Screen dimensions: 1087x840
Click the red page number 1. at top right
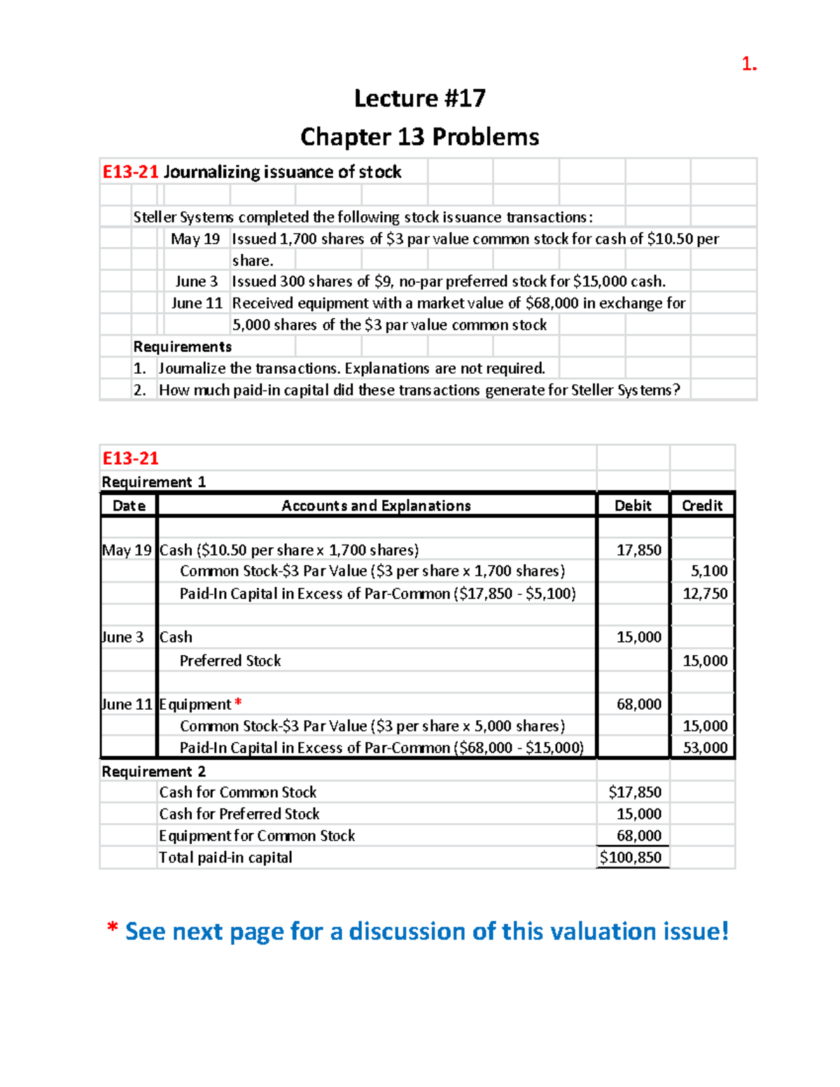(748, 64)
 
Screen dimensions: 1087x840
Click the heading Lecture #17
(419, 98)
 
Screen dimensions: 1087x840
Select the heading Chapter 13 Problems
(419, 136)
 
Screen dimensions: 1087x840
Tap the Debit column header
(633, 505)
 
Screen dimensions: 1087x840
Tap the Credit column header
(702, 505)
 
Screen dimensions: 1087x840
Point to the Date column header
(129, 505)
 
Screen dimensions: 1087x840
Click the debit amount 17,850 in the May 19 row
(638, 550)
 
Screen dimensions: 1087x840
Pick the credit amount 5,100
(709, 571)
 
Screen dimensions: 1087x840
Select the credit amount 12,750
(705, 594)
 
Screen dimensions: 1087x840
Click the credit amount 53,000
(705, 748)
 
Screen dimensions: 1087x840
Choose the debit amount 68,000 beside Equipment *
(638, 704)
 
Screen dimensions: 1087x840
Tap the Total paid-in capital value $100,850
(631, 857)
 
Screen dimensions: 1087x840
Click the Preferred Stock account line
(230, 661)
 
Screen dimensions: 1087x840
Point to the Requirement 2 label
(153, 771)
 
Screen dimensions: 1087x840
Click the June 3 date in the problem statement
(196, 281)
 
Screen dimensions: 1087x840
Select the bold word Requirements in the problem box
(182, 346)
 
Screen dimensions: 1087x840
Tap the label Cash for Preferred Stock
(239, 814)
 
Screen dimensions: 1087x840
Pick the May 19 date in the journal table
(127, 550)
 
